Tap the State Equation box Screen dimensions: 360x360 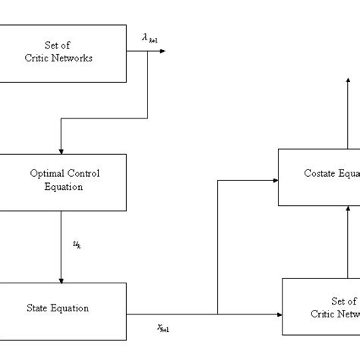click(x=63, y=308)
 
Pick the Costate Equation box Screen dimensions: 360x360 click(x=319, y=177)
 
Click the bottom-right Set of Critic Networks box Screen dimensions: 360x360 click(x=321, y=307)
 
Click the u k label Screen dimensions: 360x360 click(x=76, y=244)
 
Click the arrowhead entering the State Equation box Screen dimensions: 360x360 click(x=60, y=279)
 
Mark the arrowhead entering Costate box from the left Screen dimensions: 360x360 click(x=274, y=180)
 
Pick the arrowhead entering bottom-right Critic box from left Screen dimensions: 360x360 click(x=277, y=313)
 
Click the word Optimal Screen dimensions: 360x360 click(x=45, y=173)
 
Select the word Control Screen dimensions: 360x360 click(x=82, y=173)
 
